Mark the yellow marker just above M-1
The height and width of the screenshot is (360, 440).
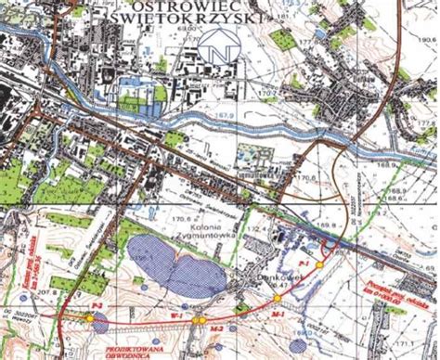[276, 298]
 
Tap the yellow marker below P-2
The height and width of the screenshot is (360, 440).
[90, 318]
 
